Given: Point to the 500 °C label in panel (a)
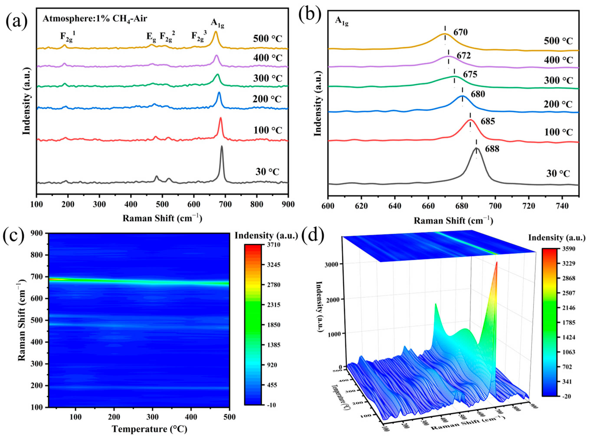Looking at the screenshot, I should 267,39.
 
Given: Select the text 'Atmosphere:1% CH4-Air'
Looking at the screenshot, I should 95,19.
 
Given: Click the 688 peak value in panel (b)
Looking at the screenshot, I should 492,149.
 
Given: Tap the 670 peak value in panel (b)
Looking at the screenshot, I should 460,33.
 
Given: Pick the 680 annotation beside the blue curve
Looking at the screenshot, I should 478,94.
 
